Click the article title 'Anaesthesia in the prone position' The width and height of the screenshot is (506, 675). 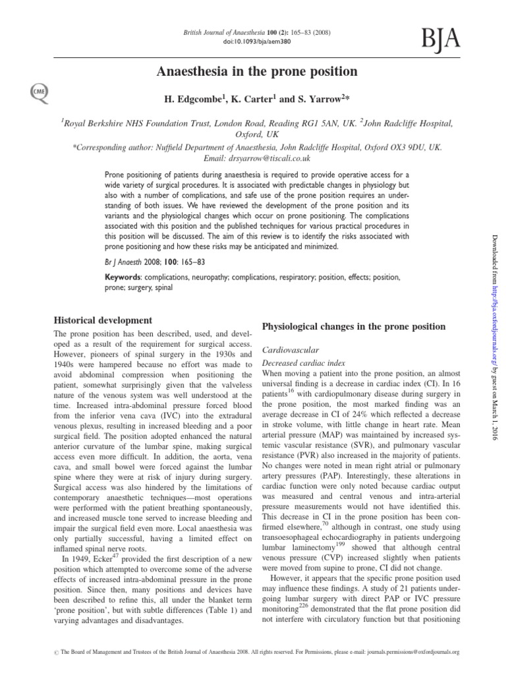[256, 71]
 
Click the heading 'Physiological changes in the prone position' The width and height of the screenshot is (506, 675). [354, 327]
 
